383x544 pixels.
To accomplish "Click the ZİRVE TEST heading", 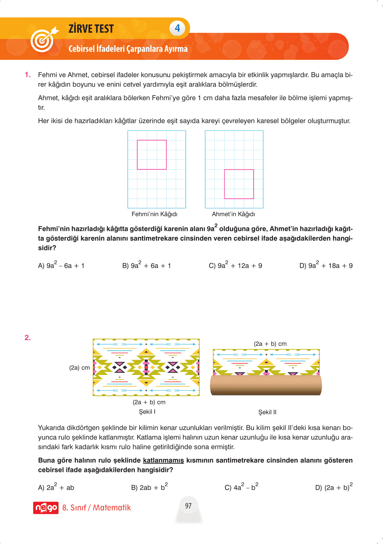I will (x=91, y=29).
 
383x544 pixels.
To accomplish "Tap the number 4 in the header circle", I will (x=177, y=28).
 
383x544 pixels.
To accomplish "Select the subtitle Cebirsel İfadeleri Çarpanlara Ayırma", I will (x=128, y=49).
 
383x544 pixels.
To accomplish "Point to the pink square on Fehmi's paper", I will (x=152, y=155).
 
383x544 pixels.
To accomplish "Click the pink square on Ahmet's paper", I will (x=239, y=184).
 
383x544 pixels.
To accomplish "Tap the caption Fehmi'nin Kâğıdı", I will (x=154, y=214).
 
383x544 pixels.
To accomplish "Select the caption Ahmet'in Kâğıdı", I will (x=233, y=214).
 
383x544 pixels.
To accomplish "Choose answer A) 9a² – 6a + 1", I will (x=61, y=265).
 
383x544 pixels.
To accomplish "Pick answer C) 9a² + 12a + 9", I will (x=235, y=265).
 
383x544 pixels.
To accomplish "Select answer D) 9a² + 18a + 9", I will (x=326, y=265).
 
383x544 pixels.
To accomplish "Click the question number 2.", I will (x=28, y=338).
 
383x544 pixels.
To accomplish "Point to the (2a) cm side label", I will (x=80, y=368).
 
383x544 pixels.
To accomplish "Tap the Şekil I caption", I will (x=147, y=412).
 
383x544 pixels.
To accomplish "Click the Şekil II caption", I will (x=267, y=412).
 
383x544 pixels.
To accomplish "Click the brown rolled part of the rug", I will (x=266, y=385).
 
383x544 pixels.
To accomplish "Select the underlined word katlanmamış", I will (x=163, y=460).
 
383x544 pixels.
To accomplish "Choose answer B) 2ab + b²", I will (x=149, y=487).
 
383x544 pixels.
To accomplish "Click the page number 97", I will (x=188, y=506).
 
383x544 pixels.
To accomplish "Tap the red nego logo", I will (x=46, y=508).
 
